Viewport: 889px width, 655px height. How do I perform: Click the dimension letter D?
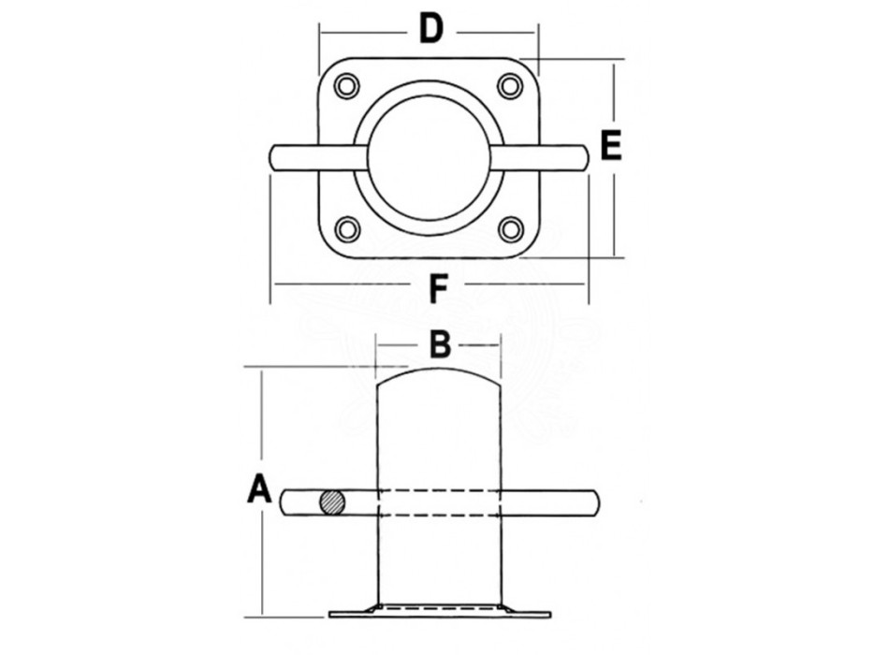430,30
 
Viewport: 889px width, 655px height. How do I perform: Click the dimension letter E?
609,147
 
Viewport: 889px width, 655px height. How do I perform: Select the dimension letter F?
436,290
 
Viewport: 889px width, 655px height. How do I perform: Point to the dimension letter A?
258,489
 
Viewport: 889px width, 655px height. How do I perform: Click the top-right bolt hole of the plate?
510,86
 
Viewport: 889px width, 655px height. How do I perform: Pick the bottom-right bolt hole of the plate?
510,228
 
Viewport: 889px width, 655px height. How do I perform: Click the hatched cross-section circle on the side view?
331,502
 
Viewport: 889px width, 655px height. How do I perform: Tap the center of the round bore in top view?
429,157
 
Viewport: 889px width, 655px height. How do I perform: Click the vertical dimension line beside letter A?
263,561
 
